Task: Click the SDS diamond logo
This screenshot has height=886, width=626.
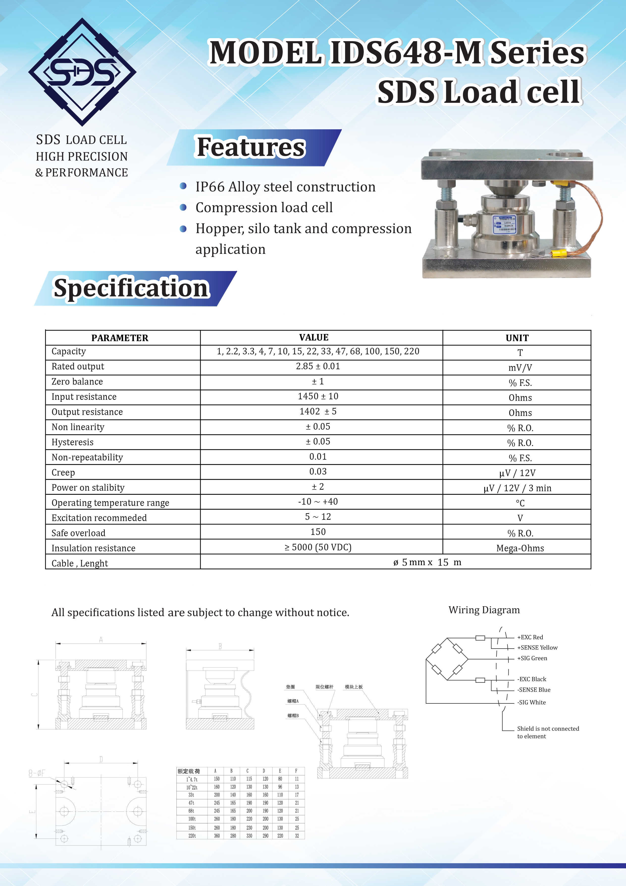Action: (x=82, y=72)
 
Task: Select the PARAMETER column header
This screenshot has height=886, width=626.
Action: (x=120, y=338)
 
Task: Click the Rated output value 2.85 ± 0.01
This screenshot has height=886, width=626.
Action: (x=318, y=366)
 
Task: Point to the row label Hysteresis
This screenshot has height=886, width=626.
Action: (x=72, y=442)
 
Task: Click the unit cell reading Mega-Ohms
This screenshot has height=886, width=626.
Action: (x=520, y=548)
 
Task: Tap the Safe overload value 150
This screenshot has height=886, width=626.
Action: (x=318, y=532)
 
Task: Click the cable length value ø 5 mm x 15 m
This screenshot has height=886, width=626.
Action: (x=427, y=563)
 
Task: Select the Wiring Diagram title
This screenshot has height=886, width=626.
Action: (x=484, y=610)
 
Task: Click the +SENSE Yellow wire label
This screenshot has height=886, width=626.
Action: (x=537, y=648)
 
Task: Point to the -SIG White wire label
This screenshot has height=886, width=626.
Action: (x=532, y=702)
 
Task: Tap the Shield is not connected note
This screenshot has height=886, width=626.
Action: (x=548, y=732)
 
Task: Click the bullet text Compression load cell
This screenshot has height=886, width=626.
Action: (x=264, y=208)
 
